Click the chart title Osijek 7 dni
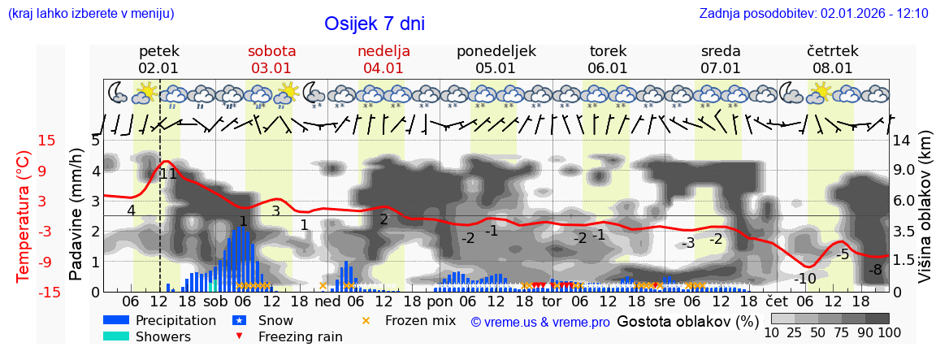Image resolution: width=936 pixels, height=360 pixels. (374, 24)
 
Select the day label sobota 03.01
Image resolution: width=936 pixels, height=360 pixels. (271, 59)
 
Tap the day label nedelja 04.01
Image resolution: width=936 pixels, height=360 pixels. (383, 59)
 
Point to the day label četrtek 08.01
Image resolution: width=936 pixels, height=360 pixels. (832, 59)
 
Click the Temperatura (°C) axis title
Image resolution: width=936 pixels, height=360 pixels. (24, 215)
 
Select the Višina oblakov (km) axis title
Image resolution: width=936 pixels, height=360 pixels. (925, 215)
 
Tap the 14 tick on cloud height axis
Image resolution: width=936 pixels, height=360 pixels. (903, 141)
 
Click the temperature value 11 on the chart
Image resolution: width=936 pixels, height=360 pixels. (168, 174)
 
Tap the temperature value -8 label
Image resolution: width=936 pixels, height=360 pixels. (875, 270)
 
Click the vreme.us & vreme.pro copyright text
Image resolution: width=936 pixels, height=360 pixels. (540, 322)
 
